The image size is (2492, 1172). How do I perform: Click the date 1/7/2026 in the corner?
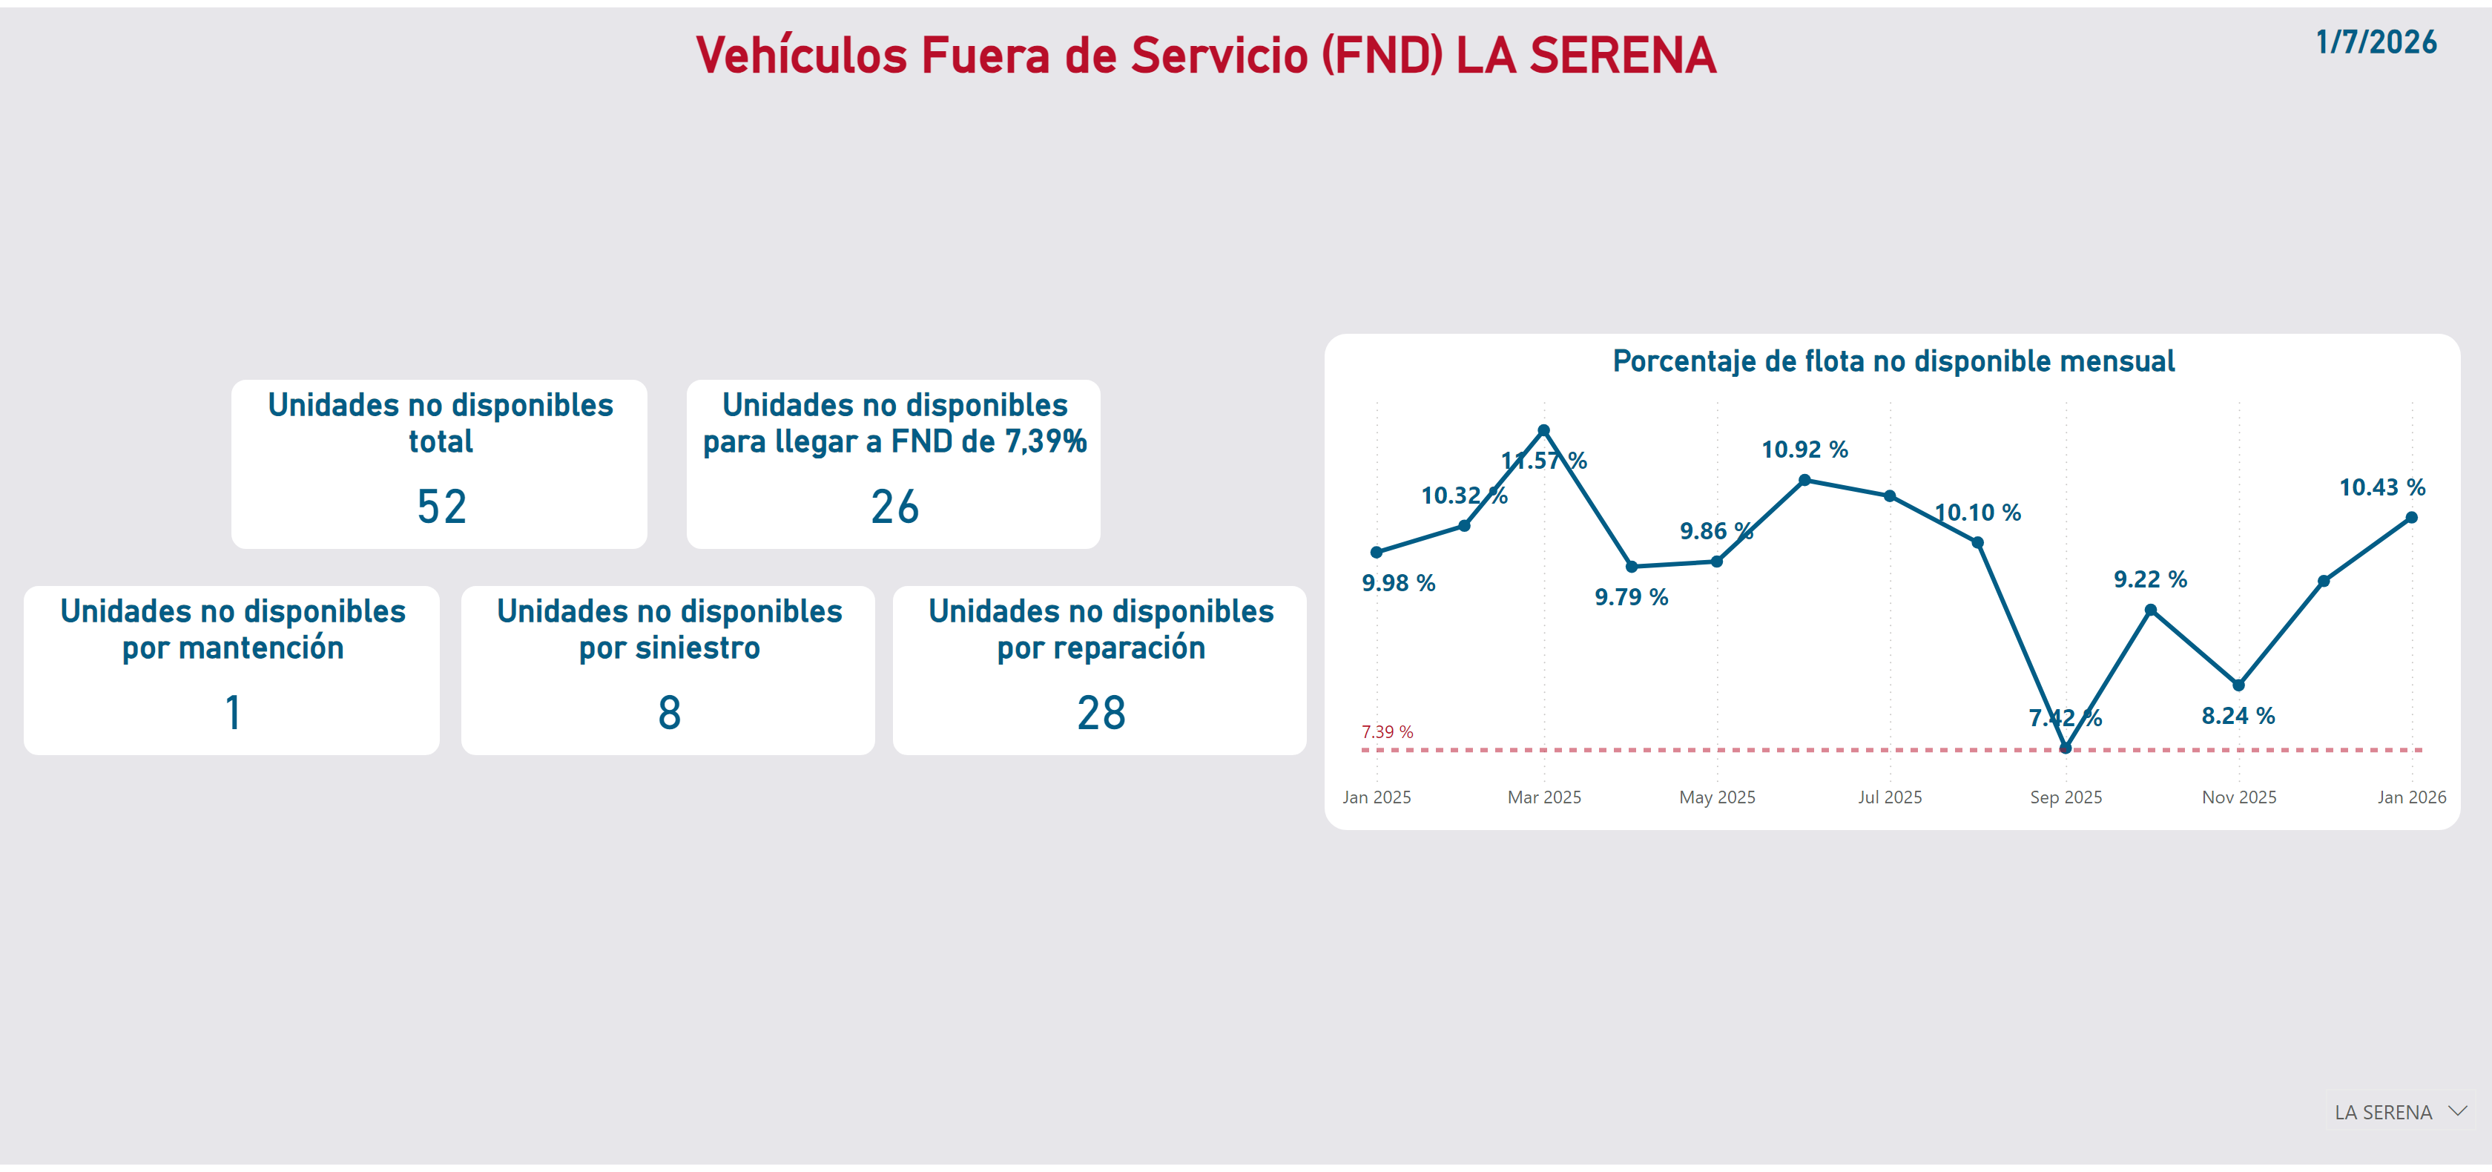(x=2375, y=42)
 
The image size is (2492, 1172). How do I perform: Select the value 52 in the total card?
(x=441, y=507)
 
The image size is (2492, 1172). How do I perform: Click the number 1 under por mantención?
(x=232, y=714)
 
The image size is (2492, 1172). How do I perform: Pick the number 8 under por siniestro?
(x=670, y=714)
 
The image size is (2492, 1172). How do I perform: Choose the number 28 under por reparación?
(x=1101, y=714)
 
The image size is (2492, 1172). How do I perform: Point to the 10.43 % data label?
(x=2381, y=488)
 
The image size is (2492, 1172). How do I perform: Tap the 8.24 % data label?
(x=2238, y=716)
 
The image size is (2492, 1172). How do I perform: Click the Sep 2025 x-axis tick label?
(x=2066, y=797)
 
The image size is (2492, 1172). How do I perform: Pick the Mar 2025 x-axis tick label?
(x=1544, y=797)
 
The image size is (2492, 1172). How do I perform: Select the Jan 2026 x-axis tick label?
(x=2410, y=797)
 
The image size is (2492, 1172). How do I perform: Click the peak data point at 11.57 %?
(x=1544, y=431)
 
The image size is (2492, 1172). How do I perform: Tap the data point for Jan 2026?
(x=2410, y=518)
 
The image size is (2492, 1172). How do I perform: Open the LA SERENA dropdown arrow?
(x=2457, y=1111)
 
